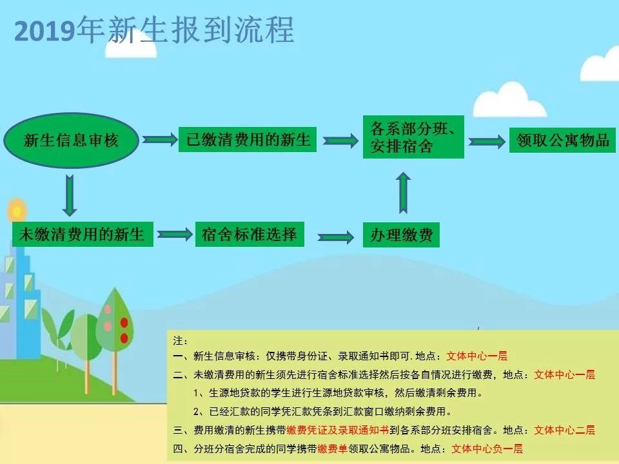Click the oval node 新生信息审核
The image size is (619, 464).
(71, 140)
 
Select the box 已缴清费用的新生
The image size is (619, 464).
(248, 139)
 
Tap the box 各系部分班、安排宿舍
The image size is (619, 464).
(413, 137)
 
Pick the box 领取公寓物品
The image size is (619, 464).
(562, 140)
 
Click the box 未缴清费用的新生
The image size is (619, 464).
(83, 235)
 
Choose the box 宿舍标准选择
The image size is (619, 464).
(250, 235)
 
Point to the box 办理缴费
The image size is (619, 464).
(401, 235)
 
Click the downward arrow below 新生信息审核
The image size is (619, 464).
(70, 196)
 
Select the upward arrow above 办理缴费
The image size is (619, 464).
(403, 193)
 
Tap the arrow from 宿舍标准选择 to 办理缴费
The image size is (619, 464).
(336, 237)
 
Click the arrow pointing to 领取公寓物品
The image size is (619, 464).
(487, 142)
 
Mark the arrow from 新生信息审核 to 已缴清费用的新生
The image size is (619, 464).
(161, 139)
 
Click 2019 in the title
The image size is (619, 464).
(44, 31)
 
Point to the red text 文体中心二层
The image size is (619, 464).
(565, 430)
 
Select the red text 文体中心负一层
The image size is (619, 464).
(487, 449)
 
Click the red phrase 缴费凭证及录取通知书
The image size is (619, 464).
(338, 430)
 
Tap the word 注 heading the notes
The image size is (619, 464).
(178, 340)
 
